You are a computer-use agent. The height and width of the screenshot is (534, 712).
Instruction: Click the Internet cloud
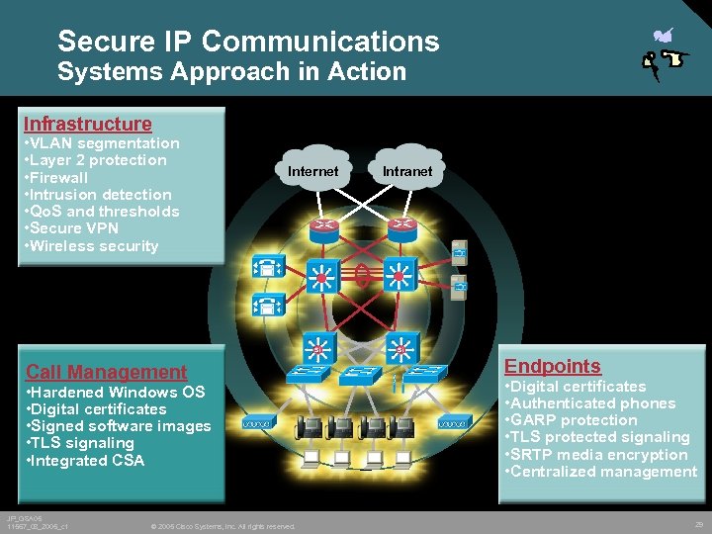click(312, 171)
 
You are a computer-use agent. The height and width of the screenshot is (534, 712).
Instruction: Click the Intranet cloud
click(407, 171)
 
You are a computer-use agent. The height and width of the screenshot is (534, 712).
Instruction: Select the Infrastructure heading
click(88, 124)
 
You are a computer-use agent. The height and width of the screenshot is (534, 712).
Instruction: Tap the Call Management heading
click(106, 372)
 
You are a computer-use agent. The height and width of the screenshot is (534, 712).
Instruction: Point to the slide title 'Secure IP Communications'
click(248, 41)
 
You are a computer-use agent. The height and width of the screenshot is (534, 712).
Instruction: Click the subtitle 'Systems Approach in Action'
click(231, 72)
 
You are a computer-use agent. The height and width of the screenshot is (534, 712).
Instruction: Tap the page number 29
click(699, 524)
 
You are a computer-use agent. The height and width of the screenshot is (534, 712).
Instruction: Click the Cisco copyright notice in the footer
click(222, 526)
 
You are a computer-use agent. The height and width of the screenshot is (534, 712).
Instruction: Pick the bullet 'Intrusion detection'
click(97, 194)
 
